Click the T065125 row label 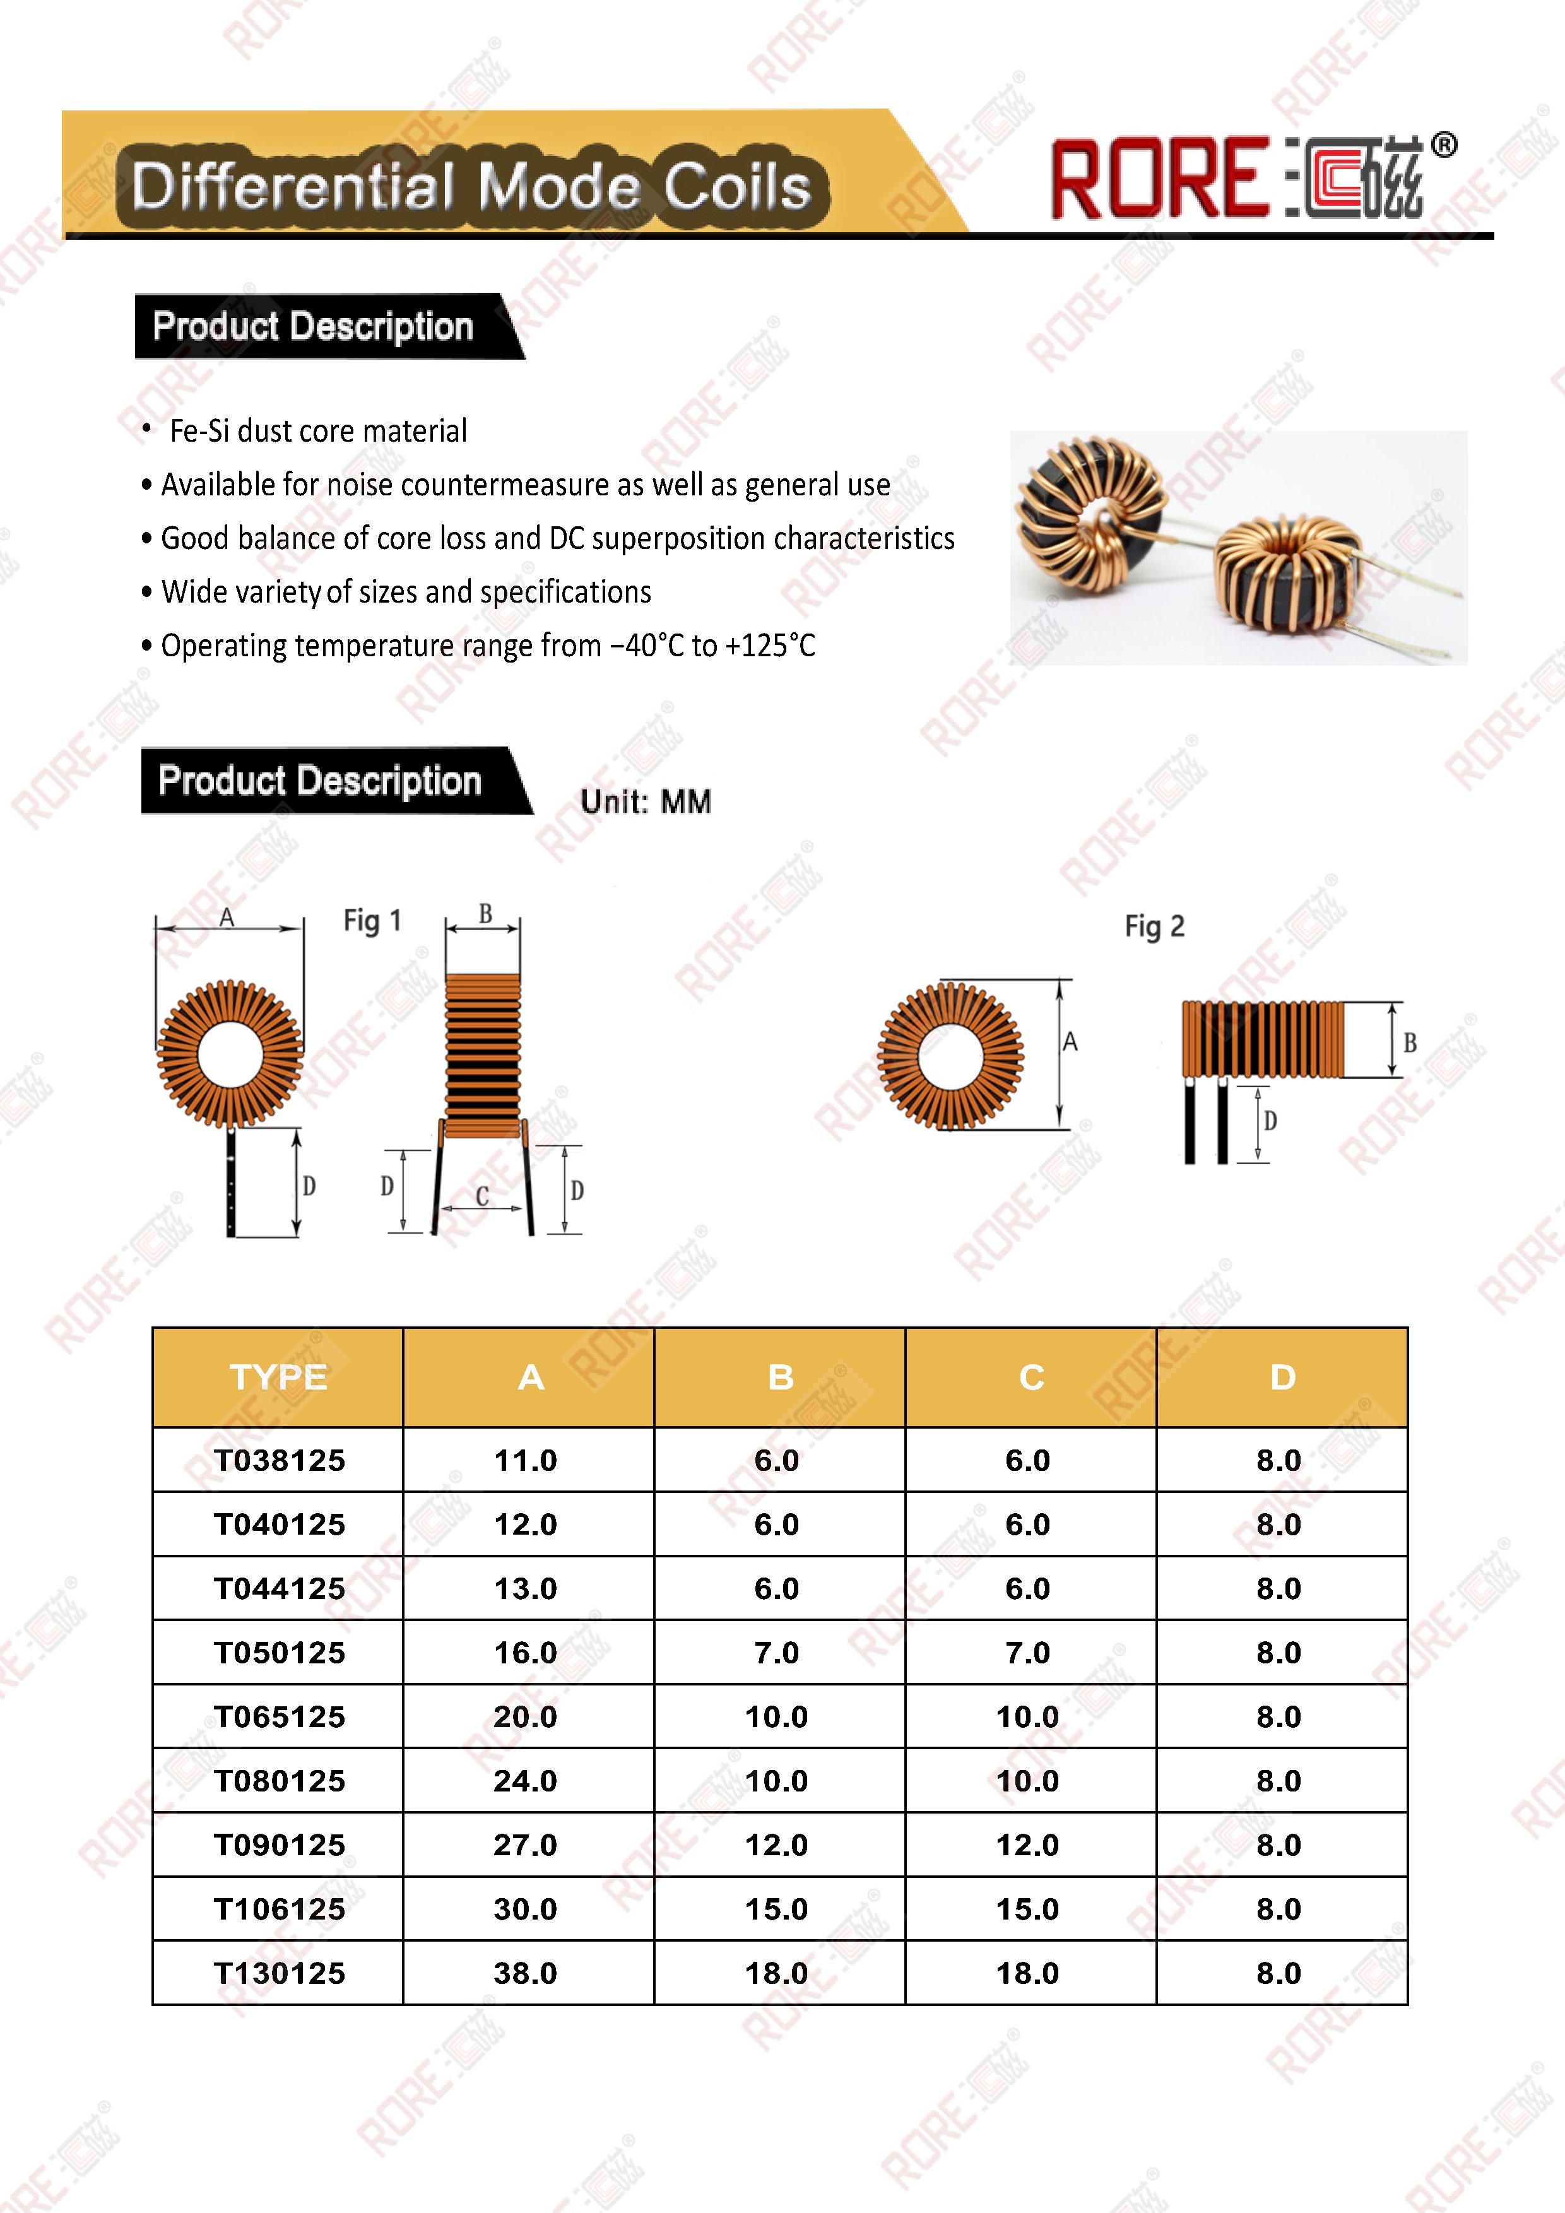[x=280, y=1716]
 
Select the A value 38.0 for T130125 [x=525, y=1973]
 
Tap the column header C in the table [x=1031, y=1378]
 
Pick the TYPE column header [x=278, y=1378]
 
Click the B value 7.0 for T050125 [x=777, y=1652]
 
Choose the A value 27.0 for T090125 [x=525, y=1845]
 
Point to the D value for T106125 [x=1279, y=1908]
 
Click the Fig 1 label [x=372, y=921]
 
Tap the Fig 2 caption [x=1154, y=926]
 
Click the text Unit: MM [x=646, y=801]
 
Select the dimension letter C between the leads [x=483, y=1196]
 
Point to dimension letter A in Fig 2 [x=1070, y=1042]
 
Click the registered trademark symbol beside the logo [x=1444, y=146]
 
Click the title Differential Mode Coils [x=471, y=186]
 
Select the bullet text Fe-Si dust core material [x=318, y=431]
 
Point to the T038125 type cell [x=280, y=1460]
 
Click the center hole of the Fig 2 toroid [x=951, y=1056]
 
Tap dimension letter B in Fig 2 [x=1410, y=1043]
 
